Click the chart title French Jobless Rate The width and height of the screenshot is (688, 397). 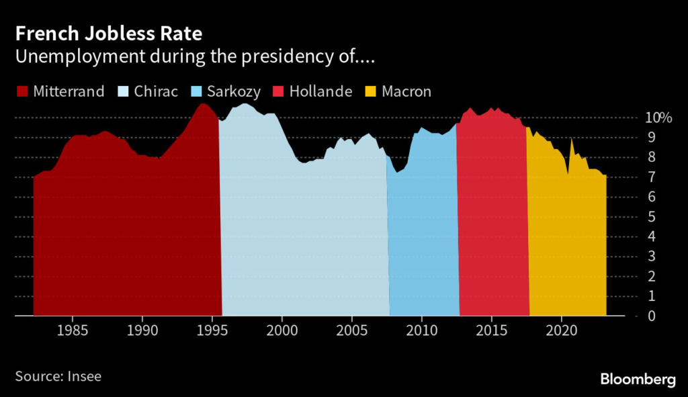pos(108,33)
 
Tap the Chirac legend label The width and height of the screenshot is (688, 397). pos(155,91)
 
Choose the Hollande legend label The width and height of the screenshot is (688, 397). pos(320,91)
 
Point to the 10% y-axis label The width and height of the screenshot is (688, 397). pos(658,118)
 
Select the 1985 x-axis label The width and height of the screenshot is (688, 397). pos(72,330)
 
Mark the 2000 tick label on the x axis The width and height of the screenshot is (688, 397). pos(282,330)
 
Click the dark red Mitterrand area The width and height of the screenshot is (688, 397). pos(128,235)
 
